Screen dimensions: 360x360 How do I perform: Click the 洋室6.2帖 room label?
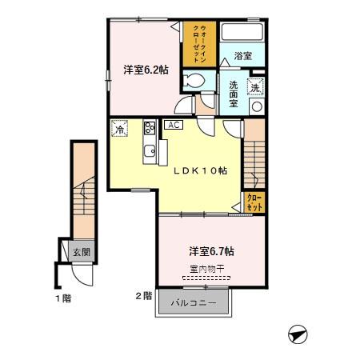[146, 70]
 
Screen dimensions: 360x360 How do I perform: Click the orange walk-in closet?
[197, 45]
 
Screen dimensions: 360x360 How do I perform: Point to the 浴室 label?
[243, 57]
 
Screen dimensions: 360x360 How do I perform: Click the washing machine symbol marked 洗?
[256, 90]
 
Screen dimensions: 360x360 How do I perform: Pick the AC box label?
[173, 125]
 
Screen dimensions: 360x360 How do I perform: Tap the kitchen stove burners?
[149, 127]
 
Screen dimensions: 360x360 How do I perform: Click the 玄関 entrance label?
[82, 252]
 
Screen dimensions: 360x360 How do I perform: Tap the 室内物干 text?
[206, 270]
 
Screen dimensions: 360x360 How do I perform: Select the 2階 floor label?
[143, 295]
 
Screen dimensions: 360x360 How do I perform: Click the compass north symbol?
[295, 332]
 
